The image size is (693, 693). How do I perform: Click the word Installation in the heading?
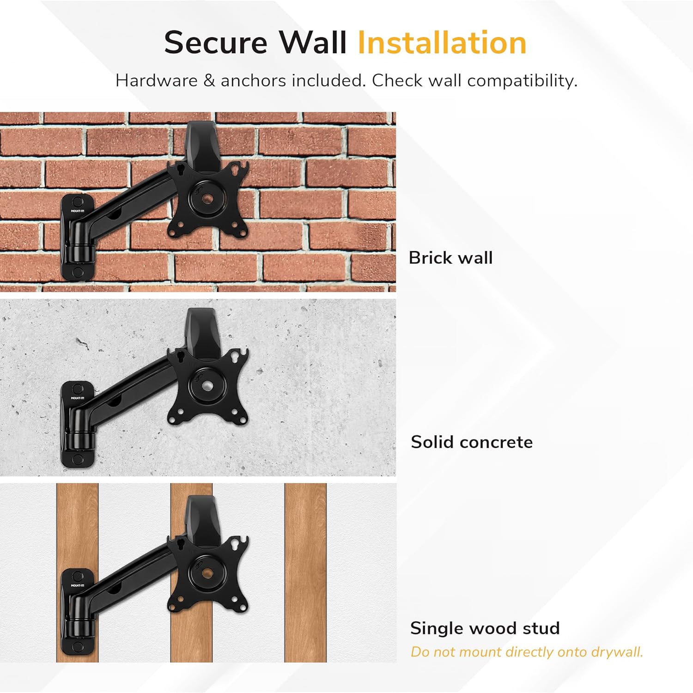[x=442, y=43]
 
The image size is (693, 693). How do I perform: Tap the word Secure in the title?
[x=216, y=43]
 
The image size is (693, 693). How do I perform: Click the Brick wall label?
[x=450, y=258]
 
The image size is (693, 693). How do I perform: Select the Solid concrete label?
[x=472, y=442]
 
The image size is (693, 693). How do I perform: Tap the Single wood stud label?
[x=485, y=628]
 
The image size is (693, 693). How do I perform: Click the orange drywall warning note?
[x=527, y=652]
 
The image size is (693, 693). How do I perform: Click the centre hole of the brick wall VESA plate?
[x=207, y=199]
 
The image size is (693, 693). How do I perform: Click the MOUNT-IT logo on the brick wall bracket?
[x=78, y=211]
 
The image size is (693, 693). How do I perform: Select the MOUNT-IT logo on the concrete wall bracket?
[x=78, y=398]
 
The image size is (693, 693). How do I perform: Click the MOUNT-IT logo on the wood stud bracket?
[x=78, y=585]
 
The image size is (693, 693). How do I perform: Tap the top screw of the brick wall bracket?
[x=78, y=202]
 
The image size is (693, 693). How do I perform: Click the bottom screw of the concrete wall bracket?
[x=78, y=459]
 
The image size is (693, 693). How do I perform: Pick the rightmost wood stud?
[x=305, y=573]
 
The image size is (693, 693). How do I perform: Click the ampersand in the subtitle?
[x=209, y=81]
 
